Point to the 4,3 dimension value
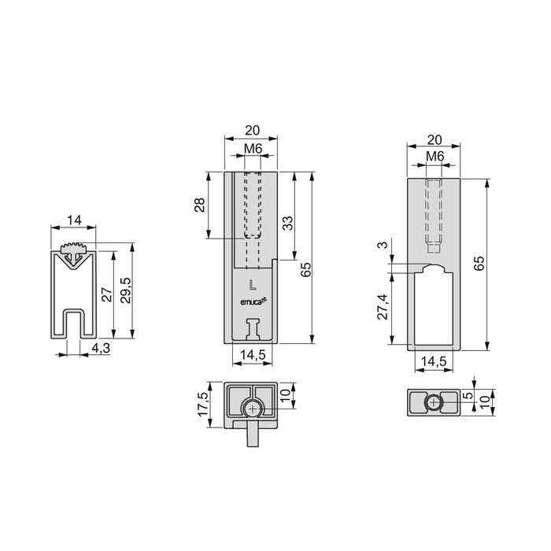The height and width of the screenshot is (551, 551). tap(99, 346)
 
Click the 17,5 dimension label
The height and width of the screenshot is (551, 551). tap(202, 404)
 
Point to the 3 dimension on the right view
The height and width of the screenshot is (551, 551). tap(382, 246)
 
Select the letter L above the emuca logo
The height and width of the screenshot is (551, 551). tap(252, 284)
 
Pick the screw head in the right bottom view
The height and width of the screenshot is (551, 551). tap(434, 402)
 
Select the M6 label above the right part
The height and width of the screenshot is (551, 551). tap(435, 157)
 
